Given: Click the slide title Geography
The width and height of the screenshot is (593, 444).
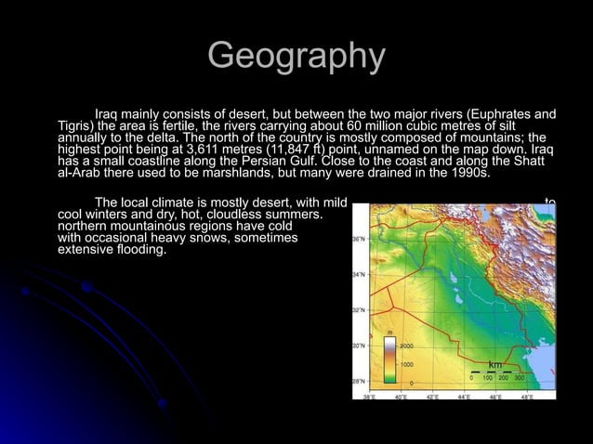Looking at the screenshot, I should click(296, 56).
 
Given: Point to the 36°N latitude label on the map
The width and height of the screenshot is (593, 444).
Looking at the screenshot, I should click(358, 239).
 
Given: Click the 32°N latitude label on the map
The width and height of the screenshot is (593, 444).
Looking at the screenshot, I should click(358, 309).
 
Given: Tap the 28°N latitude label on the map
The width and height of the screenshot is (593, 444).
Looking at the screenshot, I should click(358, 380).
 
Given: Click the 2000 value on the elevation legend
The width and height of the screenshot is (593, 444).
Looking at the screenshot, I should click(406, 345).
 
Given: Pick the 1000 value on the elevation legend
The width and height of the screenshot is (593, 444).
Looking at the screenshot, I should click(406, 364).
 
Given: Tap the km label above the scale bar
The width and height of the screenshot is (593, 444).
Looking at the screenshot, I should click(495, 365).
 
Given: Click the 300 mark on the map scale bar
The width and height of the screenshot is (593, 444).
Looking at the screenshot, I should click(519, 378).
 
